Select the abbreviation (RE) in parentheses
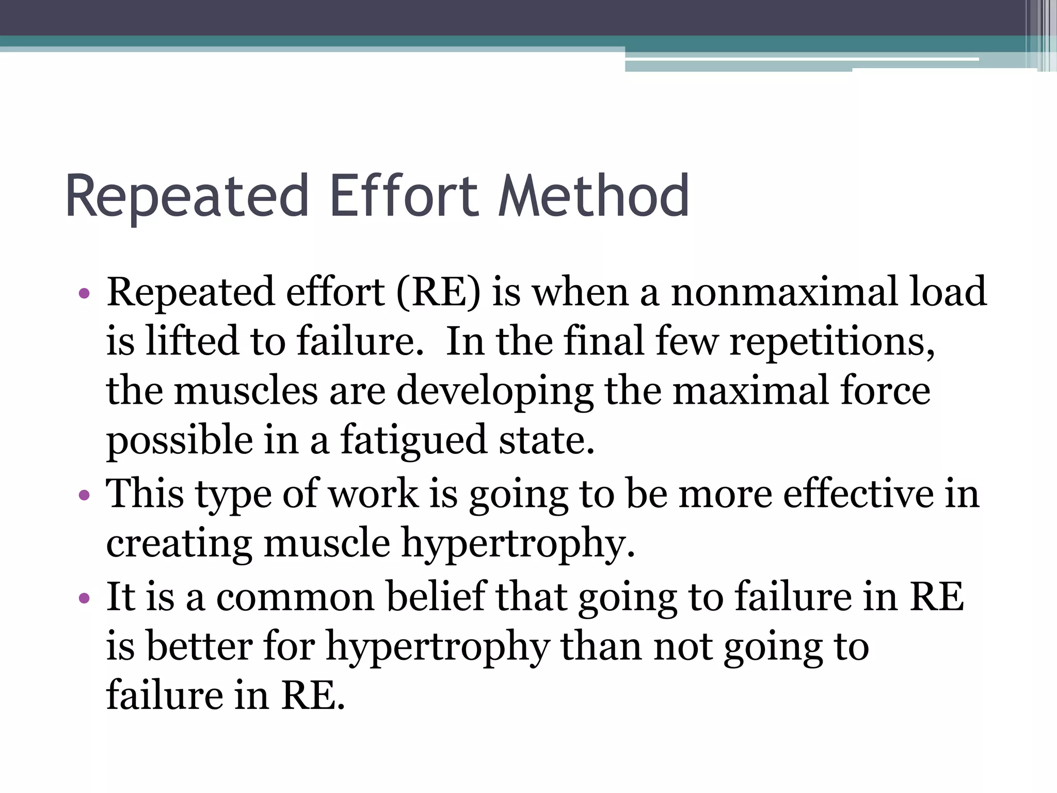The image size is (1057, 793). pos(438,292)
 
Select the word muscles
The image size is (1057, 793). pos(246,391)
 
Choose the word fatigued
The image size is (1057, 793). pos(413,440)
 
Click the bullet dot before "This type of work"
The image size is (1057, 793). pos(84,496)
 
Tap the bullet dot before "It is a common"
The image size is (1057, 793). pos(84,599)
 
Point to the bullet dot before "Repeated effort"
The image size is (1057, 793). pos(84,294)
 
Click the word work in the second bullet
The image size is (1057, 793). pos(373,494)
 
